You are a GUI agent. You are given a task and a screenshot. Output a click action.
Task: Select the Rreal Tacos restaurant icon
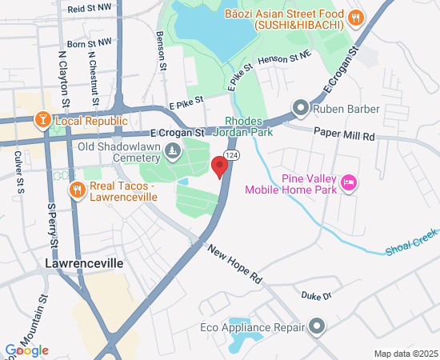pos(77,190)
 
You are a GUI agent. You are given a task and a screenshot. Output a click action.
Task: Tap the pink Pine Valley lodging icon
pos(348,183)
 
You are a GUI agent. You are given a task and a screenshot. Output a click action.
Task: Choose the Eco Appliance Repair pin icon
pos(318,326)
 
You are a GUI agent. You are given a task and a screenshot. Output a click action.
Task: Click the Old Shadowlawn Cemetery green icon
pos(171,150)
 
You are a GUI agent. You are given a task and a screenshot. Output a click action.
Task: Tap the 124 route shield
pos(231,154)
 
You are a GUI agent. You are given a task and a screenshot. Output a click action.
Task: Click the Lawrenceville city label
pos(85,262)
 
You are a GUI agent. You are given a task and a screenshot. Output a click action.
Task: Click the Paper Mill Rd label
pos(344,136)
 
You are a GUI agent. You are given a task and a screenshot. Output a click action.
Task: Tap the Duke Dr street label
pos(316,296)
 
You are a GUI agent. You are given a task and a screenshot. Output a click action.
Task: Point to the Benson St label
pos(162,51)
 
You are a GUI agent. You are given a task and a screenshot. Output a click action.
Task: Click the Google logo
pos(26,350)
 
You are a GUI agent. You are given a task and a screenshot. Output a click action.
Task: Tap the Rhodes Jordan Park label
pos(248,126)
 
